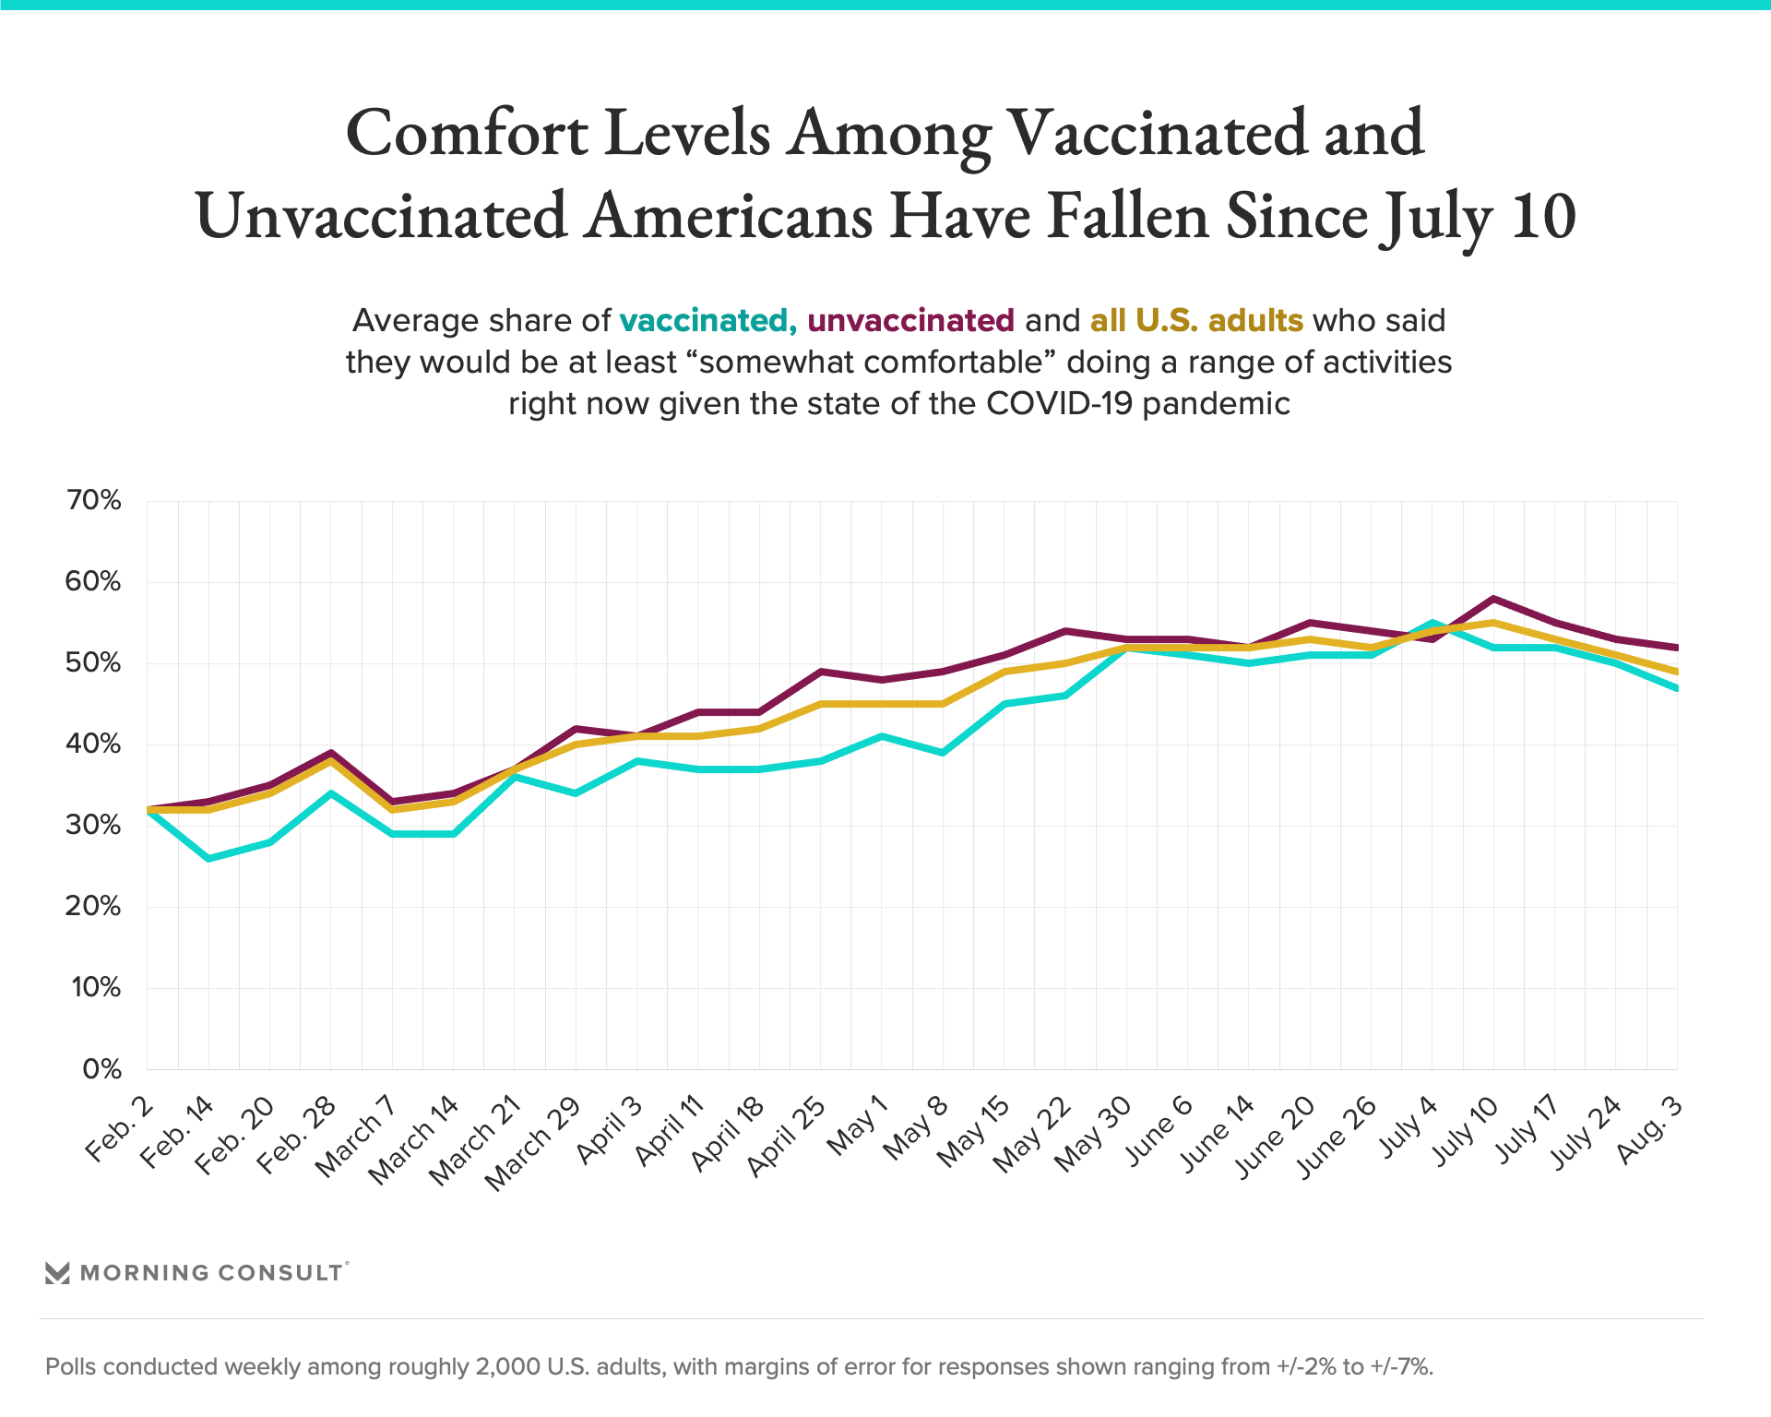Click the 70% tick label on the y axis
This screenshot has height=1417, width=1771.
pos(93,500)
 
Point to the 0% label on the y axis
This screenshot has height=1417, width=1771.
pos(101,1069)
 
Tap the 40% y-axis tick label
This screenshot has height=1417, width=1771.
pos(93,744)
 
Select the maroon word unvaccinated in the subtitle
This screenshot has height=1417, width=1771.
pos(910,320)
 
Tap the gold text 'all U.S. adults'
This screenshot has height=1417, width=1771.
pos(1196,320)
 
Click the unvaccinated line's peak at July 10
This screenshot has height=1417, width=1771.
pos(1493,599)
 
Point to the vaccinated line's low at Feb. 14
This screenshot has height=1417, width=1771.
pos(208,859)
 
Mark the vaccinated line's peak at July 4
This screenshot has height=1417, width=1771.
pos(1432,623)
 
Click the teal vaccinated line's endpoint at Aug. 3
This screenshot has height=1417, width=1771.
pos(1675,688)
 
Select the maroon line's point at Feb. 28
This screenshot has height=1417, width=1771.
pos(331,753)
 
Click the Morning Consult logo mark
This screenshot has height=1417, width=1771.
pos(57,1273)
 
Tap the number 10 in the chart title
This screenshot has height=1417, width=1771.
pos(1542,218)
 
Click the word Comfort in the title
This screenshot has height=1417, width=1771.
pos(467,135)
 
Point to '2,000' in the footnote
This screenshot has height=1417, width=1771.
pos(507,1366)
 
